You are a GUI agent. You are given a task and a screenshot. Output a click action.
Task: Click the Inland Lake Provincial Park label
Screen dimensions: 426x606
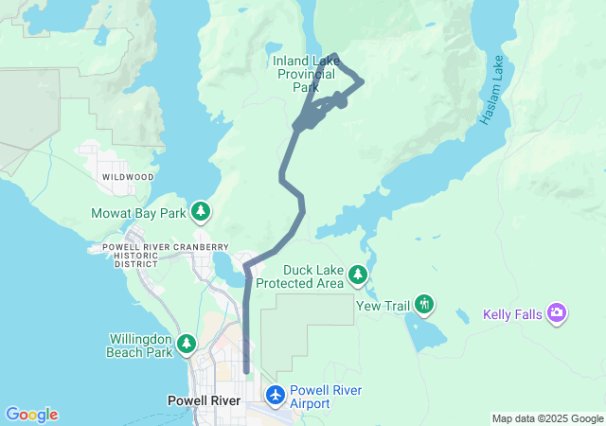pos(306,74)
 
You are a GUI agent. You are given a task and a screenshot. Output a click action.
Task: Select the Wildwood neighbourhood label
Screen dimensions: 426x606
pos(126,177)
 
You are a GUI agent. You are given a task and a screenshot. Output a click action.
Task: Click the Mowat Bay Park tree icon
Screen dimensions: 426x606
pos(201,212)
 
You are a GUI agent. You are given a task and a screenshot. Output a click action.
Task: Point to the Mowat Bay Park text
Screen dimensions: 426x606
pos(139,213)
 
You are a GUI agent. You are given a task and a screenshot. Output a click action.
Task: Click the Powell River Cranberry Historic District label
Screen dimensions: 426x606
pos(159,255)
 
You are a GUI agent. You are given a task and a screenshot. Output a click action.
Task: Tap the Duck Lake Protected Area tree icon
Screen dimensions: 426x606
pos(357,275)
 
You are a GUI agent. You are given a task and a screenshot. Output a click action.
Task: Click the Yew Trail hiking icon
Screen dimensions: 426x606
pos(426,304)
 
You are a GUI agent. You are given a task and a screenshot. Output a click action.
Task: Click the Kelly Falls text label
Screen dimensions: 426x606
pos(511,314)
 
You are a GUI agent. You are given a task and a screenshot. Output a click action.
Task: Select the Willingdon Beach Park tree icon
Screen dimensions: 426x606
pos(187,345)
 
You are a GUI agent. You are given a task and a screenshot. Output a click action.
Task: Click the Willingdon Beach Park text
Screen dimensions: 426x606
pos(140,346)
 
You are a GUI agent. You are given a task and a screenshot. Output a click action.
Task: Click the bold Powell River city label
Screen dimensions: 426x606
pos(206,400)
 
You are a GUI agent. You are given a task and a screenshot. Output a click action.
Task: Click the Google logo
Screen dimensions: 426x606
pos(31,415)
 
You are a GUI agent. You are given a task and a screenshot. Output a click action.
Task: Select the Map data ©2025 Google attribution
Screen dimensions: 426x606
pos(546,418)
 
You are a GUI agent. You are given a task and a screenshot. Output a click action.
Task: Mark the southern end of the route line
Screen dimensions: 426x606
pos(246,372)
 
